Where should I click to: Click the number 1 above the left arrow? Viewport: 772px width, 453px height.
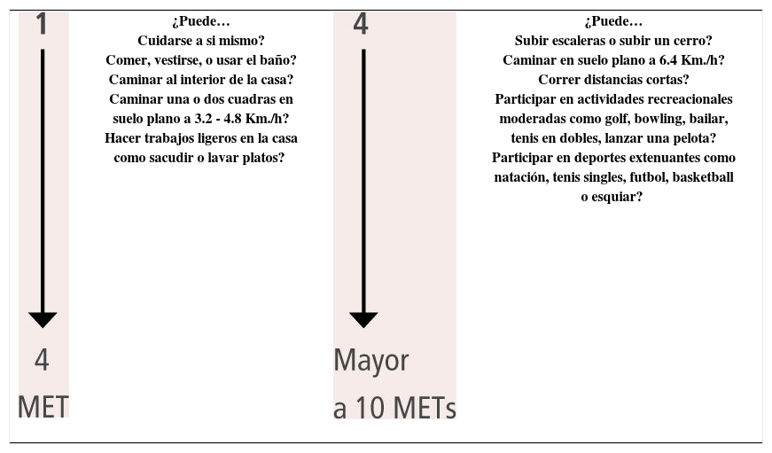tap(42, 24)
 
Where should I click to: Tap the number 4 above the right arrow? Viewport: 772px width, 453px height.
tap(361, 24)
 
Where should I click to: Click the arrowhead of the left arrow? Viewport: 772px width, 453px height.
tap(42, 319)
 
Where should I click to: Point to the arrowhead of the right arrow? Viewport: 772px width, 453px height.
tap(363, 319)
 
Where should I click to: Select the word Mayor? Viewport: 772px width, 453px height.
tap(371, 361)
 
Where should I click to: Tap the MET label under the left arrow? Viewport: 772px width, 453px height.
tap(43, 407)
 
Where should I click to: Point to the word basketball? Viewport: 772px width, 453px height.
tap(703, 177)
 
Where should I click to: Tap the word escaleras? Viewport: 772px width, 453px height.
tap(574, 41)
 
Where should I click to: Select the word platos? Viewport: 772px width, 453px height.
tap(267, 158)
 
